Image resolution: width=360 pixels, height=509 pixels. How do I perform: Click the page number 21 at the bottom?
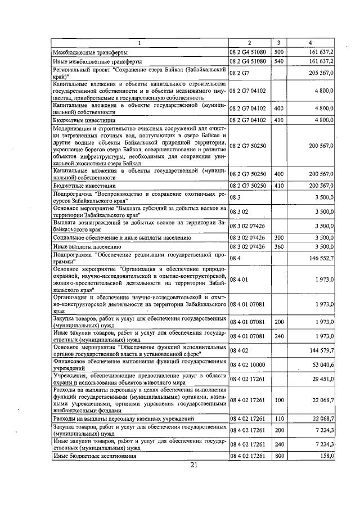(x=194, y=465)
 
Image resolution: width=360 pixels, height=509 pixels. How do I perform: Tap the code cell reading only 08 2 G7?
(x=238, y=73)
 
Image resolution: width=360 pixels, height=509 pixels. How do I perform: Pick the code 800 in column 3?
(x=278, y=456)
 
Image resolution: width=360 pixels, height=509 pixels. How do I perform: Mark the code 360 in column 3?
(x=278, y=246)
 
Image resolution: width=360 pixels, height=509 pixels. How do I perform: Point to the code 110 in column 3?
(x=278, y=419)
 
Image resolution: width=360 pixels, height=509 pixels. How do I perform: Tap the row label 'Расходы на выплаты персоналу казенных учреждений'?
(x=123, y=419)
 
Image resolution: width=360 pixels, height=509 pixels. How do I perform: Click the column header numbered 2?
(x=249, y=43)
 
